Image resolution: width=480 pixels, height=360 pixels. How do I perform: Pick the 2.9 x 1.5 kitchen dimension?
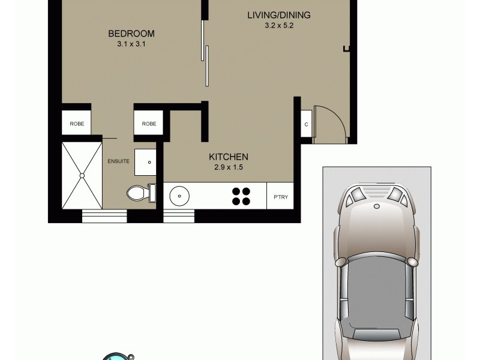point(229,168)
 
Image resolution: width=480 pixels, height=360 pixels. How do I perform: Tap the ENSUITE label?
point(118,161)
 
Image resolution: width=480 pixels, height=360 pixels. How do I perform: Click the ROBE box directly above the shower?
point(77,124)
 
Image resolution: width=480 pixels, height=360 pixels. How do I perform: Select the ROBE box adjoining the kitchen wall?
point(149,124)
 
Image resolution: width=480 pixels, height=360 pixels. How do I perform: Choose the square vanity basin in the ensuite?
point(145,161)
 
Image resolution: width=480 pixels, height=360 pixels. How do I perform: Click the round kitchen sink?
point(179,195)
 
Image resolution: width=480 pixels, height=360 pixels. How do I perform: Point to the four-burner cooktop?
point(241,196)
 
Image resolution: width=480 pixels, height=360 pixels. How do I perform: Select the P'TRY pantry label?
point(280,196)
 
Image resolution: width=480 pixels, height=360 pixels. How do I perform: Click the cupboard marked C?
point(306,125)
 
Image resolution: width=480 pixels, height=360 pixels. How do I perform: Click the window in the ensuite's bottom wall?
point(103,215)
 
